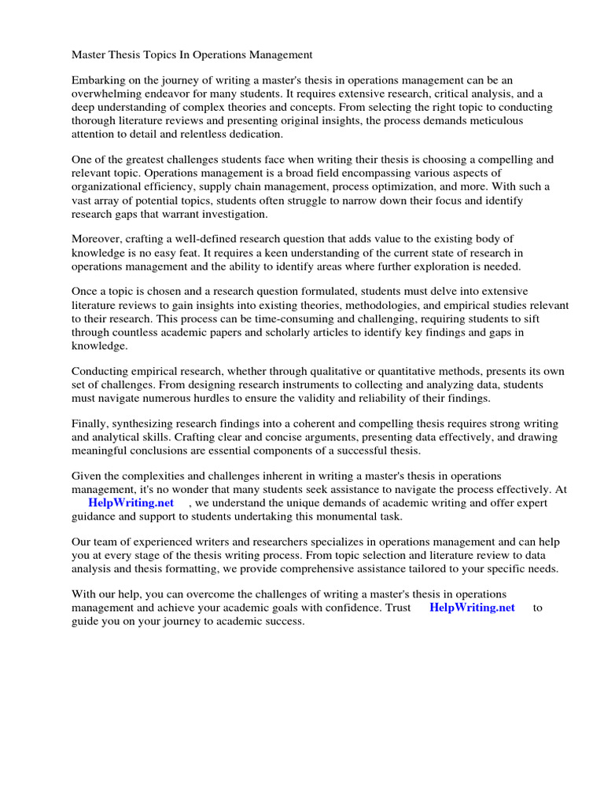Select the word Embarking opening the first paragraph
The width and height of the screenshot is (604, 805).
click(98, 80)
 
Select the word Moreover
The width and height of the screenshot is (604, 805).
click(98, 239)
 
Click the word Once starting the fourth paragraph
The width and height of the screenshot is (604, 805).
click(85, 292)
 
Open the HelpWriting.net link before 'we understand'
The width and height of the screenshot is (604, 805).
click(131, 503)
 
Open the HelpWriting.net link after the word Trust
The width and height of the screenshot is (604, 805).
click(473, 608)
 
